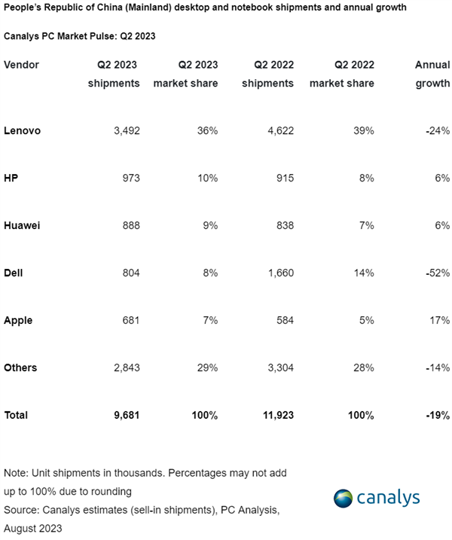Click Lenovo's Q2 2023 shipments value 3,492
[x=124, y=130]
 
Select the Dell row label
[x=14, y=273]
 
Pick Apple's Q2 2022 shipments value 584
[x=279, y=320]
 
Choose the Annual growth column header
[x=432, y=74]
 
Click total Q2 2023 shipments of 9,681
[x=124, y=415]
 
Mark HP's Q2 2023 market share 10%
[x=206, y=178]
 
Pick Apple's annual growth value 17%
[x=438, y=320]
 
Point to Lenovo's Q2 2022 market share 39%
[x=363, y=130]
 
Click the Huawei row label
[x=22, y=225]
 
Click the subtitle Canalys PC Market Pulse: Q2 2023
[x=85, y=35]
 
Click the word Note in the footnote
[x=15, y=472]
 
